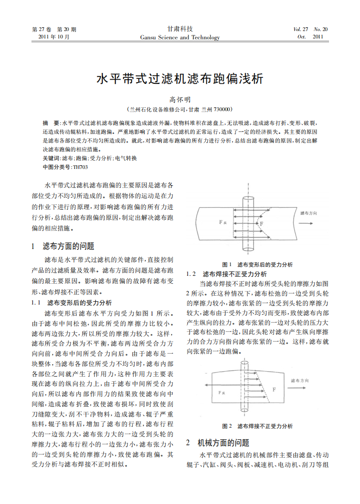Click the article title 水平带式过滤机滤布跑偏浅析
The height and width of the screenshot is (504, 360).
(x=180, y=79)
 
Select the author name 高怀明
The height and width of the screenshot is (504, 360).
(x=180, y=100)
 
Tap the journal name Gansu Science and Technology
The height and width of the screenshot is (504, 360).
(x=180, y=37)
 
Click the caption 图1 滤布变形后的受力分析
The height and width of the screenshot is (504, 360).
(x=257, y=264)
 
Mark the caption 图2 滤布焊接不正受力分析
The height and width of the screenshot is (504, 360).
(x=257, y=426)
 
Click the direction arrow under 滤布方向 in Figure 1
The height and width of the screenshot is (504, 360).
(x=309, y=223)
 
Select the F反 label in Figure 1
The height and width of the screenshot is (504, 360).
(x=223, y=222)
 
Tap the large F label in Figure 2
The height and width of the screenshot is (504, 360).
(x=274, y=390)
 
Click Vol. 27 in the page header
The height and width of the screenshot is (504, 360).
(x=301, y=30)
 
